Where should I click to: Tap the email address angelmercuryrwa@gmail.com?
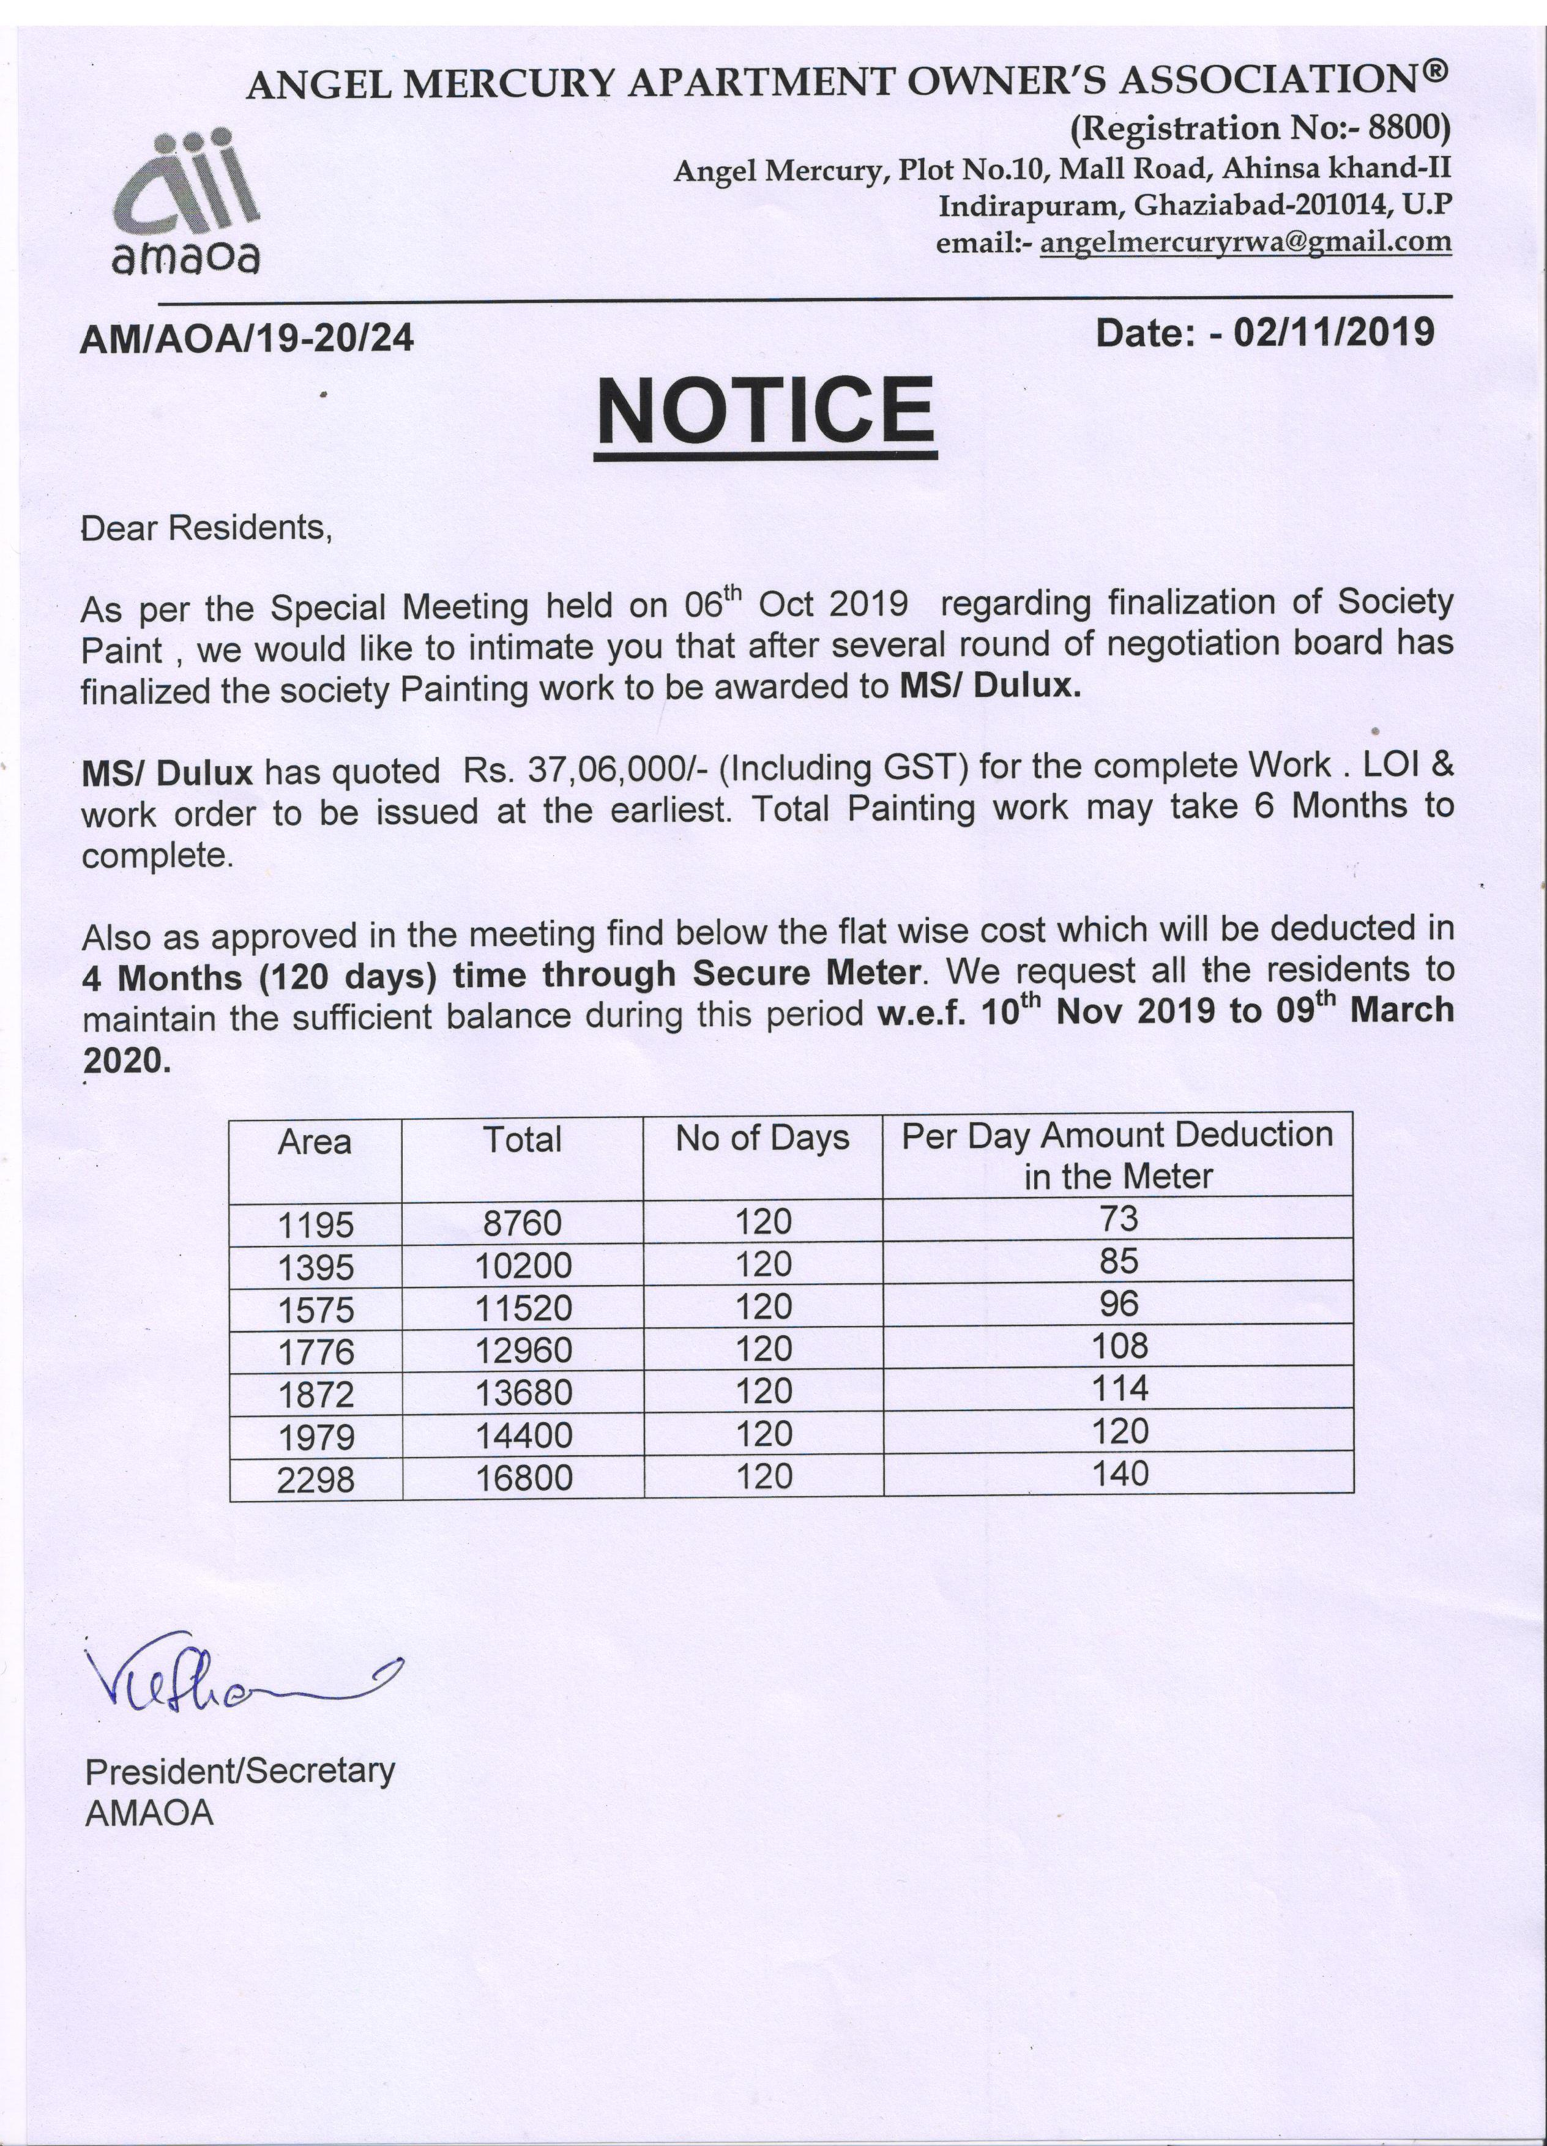[x=1246, y=243]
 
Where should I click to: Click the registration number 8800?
[x=1415, y=127]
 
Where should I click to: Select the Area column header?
[x=315, y=1142]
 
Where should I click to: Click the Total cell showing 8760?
[x=522, y=1223]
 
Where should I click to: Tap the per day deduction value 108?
[x=1119, y=1346]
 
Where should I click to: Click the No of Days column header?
[x=762, y=1138]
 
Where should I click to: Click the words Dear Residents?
[x=206, y=528]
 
